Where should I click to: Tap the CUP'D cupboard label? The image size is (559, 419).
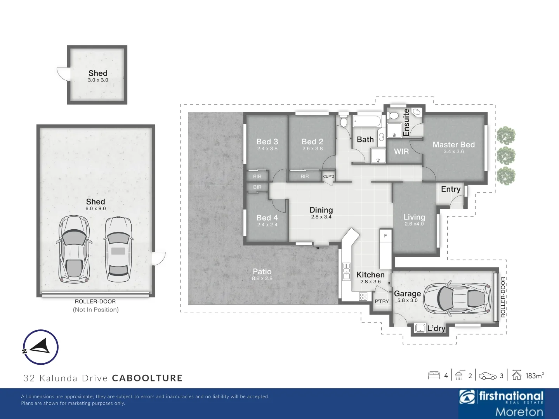click(328, 176)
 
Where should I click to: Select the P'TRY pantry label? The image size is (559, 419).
click(382, 301)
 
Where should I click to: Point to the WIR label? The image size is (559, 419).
click(401, 151)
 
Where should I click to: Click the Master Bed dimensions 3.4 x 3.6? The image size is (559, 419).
click(453, 151)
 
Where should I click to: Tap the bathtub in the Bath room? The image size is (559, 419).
click(367, 121)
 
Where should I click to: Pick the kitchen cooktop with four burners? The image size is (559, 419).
click(363, 296)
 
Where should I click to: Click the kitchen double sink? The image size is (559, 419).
click(346, 272)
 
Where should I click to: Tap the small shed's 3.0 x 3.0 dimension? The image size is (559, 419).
click(98, 80)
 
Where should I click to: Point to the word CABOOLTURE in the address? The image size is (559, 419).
click(147, 378)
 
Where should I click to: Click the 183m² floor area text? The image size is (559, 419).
click(535, 376)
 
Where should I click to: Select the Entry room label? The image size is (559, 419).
click(451, 189)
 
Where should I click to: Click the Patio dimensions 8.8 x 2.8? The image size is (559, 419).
click(262, 278)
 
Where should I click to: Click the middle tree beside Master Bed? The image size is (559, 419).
click(506, 155)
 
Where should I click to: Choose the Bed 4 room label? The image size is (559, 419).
click(267, 218)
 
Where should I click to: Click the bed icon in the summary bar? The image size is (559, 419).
click(434, 376)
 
